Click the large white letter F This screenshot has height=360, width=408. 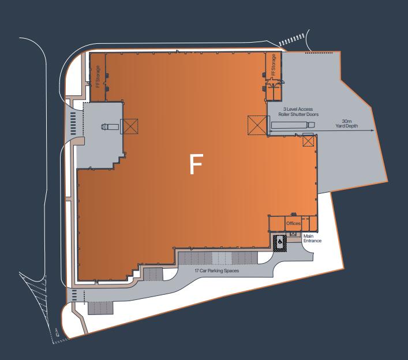pos(196,164)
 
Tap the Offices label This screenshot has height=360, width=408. pos(293,223)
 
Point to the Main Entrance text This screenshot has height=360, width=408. pos(312,238)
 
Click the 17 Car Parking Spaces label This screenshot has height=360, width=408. pos(217,271)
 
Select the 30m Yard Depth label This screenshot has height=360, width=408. pos(347,123)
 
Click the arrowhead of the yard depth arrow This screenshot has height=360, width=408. pos(373,130)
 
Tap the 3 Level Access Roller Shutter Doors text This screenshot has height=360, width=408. pos(298,111)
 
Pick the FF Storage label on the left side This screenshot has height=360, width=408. pos(98,77)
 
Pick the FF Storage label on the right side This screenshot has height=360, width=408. pos(274,65)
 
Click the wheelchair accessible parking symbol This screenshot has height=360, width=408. pos(280,242)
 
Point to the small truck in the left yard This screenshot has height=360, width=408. pos(110,127)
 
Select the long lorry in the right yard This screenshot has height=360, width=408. pos(293,125)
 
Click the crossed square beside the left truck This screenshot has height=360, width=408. pos(130,126)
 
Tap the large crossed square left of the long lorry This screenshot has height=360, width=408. pos(257,125)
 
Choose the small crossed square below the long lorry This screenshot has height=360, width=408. pos(308,141)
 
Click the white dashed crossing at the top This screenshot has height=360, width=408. pos(291,40)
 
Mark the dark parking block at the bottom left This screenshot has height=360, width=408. pos(100,308)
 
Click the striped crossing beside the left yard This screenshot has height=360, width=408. pos(73,123)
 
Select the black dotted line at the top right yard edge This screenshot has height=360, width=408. pos(319,53)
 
